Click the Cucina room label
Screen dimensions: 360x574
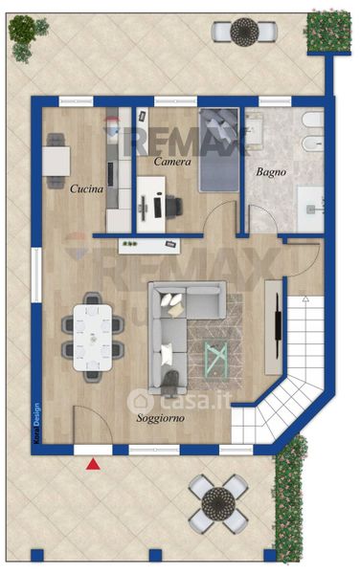pos(86,188)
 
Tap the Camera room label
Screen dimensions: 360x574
pos(172,162)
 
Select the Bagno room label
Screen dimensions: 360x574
pos(271,171)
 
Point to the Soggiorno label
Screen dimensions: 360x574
pos(161,418)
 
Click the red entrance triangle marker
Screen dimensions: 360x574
pos(93,464)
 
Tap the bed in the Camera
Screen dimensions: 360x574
pos(218,150)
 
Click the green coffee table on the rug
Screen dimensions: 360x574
pos(215,361)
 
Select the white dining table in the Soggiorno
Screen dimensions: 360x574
pos(93,338)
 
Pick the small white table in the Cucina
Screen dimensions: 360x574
pos(56,162)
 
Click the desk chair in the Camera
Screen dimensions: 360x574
pos(174,207)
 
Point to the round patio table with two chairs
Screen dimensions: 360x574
pos(244,32)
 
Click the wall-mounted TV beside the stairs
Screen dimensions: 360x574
pos(279,326)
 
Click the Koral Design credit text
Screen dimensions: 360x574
pos(36,424)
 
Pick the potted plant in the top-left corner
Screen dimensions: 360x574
pos(27,36)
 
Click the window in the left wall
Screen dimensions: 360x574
pos(36,275)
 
